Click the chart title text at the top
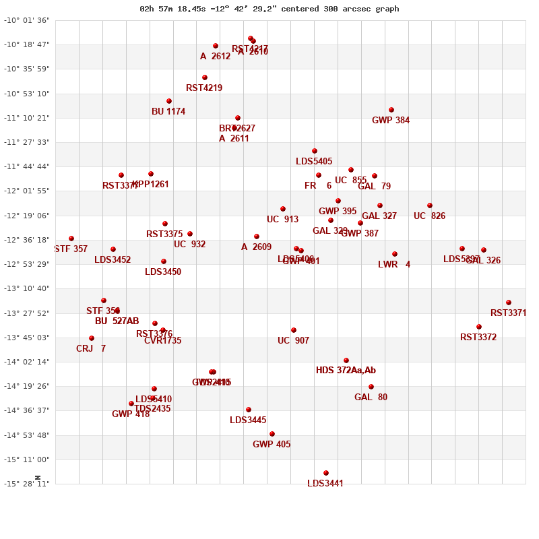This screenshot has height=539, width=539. (269, 9)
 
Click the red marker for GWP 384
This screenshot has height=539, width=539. (391, 110)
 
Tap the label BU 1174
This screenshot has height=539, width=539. (168, 112)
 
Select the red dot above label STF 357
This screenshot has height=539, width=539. (71, 239)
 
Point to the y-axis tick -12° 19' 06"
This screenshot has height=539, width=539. (27, 216)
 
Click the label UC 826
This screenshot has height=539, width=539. (429, 216)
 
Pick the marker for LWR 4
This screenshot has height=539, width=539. (395, 254)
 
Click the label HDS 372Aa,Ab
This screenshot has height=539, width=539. (346, 371)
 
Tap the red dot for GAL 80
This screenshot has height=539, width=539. (371, 387)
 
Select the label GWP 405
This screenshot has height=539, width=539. (272, 445)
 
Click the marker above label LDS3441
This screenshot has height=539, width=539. (326, 473)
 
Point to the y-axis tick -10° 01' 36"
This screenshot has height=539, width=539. (27, 20)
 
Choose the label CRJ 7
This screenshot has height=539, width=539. (91, 349)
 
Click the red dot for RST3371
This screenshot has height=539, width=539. (509, 303)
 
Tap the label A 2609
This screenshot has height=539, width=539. (256, 247)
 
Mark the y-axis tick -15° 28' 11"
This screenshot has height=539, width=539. (27, 484)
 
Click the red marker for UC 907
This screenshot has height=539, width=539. (294, 330)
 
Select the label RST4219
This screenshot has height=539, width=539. (204, 88)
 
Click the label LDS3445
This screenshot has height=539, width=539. (248, 420)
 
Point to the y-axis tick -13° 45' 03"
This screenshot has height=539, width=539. (27, 338)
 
